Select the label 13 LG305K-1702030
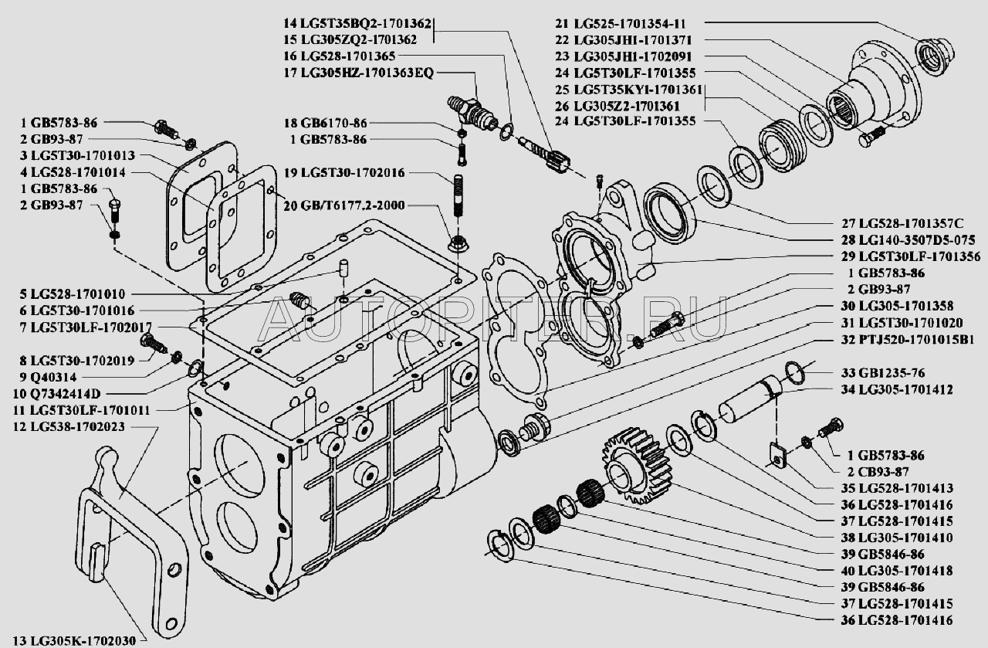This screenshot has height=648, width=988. (x=75, y=639)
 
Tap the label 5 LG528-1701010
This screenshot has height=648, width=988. (x=80, y=293)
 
